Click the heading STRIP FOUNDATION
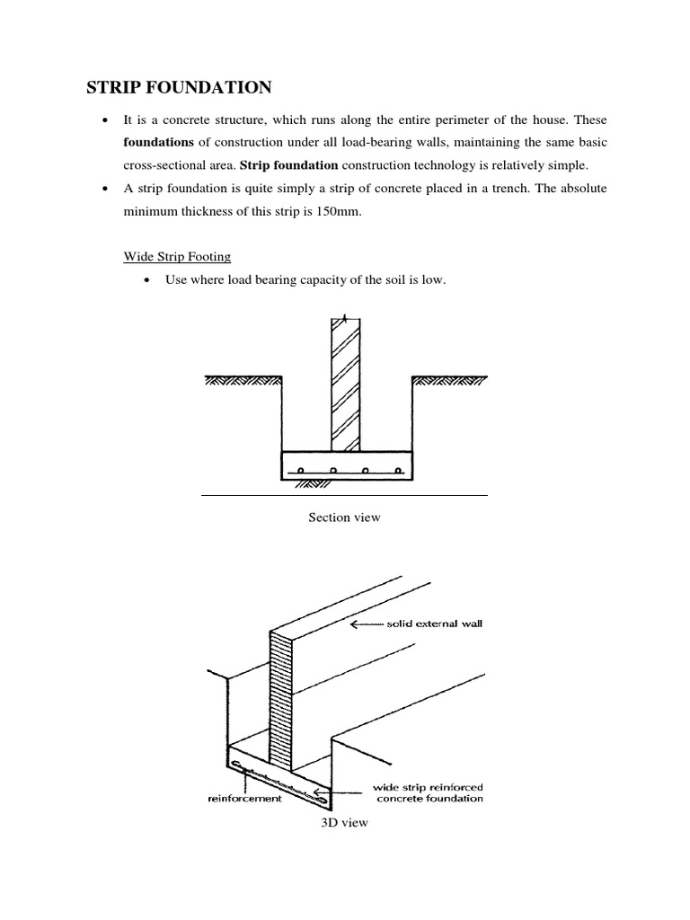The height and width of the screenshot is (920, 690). (x=178, y=87)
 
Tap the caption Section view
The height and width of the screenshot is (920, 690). (x=344, y=517)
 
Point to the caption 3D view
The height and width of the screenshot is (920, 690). (x=344, y=822)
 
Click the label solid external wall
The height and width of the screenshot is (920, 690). (x=435, y=624)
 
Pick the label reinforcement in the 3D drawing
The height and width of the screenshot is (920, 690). (x=244, y=797)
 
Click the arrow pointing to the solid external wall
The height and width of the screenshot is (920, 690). (x=366, y=624)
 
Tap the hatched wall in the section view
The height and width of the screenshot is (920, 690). (x=344, y=386)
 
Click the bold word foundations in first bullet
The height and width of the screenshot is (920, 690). (x=158, y=143)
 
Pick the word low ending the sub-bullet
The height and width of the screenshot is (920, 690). (x=435, y=280)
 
